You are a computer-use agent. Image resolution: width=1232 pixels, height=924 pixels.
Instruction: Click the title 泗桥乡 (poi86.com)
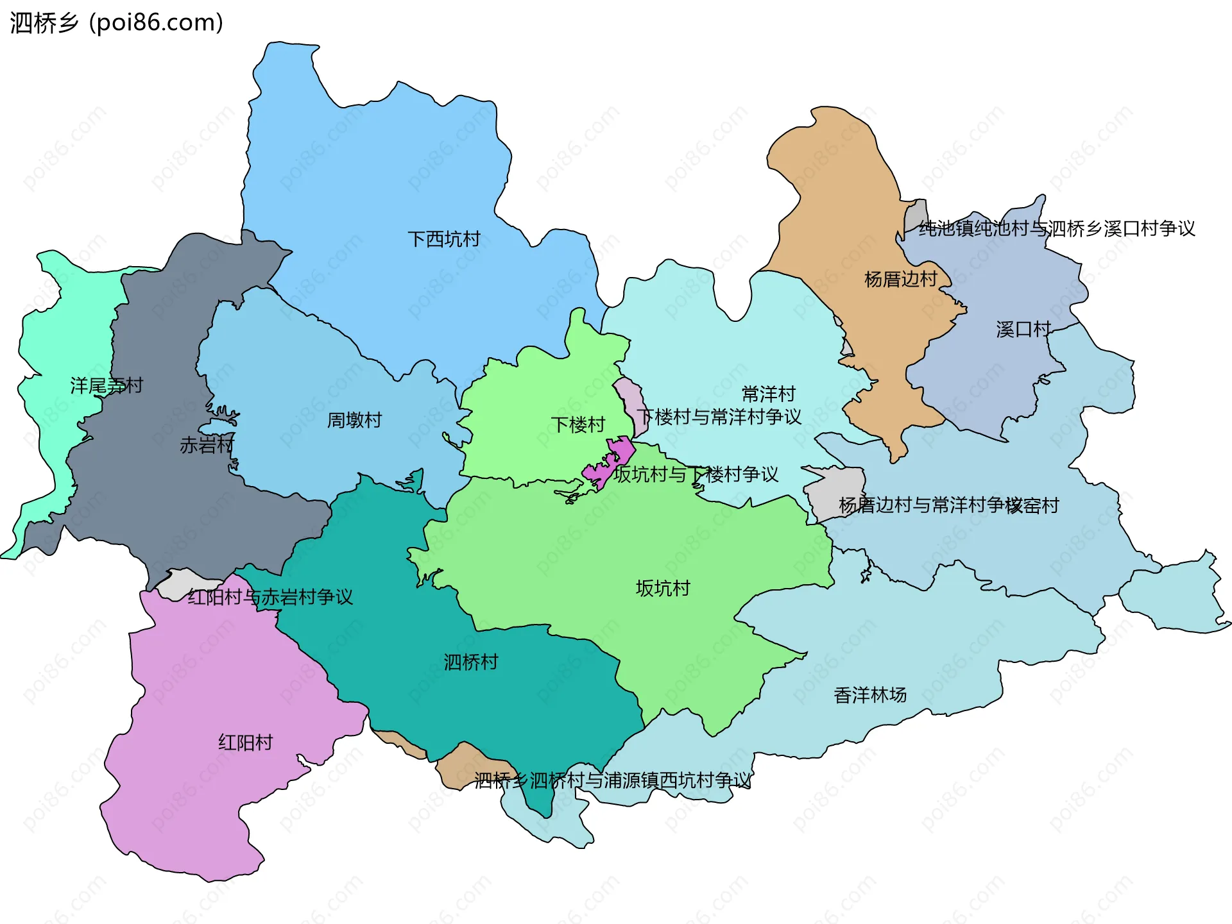point(117,23)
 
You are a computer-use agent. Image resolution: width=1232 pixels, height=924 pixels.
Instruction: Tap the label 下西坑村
point(443,239)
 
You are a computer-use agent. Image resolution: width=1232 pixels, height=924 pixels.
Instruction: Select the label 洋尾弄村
point(107,385)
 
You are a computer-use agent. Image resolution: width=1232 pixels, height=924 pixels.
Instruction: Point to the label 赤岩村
point(207,444)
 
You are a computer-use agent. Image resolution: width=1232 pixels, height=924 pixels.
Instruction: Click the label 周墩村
point(354,420)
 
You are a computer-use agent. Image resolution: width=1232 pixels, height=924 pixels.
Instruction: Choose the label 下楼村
point(577,424)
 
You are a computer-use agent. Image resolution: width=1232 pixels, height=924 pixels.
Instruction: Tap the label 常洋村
point(768,393)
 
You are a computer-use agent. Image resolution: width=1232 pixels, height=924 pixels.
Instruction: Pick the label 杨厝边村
point(900,279)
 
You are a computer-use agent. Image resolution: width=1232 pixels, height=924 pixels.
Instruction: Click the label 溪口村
point(1023,329)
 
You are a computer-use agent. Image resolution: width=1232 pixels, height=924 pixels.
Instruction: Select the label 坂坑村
point(662,588)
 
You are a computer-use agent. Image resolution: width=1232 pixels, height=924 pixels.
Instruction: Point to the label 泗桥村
point(470,662)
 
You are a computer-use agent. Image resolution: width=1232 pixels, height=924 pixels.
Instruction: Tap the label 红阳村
point(245,743)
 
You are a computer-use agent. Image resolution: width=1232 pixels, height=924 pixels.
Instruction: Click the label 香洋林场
point(869,694)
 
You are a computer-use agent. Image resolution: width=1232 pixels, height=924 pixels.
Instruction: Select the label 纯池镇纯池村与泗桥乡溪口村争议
point(1056,228)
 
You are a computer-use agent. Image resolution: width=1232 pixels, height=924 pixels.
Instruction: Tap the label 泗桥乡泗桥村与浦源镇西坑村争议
point(612,780)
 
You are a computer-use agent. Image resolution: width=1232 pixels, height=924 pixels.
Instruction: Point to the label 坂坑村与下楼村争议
point(696,475)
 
